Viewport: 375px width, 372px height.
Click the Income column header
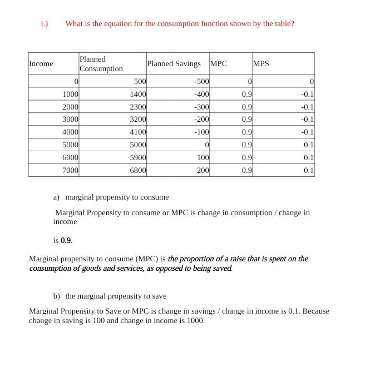pos(41,64)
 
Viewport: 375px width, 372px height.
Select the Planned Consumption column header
pos(101,64)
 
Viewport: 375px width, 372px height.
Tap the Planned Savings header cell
pos(174,64)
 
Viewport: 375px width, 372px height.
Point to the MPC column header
pos(219,64)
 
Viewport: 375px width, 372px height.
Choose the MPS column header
pos(261,64)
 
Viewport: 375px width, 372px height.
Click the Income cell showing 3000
pos(70,120)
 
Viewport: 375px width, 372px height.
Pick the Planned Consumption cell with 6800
pos(137,171)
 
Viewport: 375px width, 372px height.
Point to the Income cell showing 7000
pos(70,171)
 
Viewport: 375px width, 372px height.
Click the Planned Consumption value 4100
pos(137,132)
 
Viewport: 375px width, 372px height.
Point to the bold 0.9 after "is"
pos(66,241)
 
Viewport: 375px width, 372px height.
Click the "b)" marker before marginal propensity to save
pos(57,296)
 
